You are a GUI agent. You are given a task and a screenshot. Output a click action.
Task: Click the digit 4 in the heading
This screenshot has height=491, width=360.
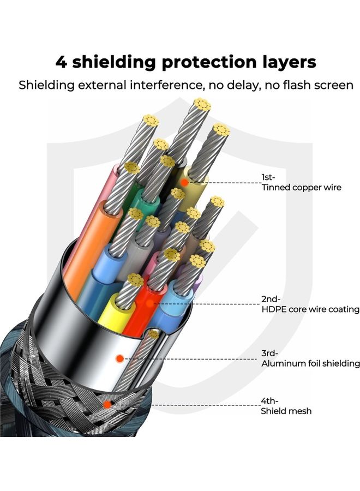(61, 62)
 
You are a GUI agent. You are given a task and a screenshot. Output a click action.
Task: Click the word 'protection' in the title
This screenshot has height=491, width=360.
(208, 62)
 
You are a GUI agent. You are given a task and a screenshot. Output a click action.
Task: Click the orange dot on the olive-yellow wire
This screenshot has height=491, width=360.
(185, 182)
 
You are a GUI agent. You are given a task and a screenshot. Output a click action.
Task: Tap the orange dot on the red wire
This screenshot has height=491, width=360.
(149, 303)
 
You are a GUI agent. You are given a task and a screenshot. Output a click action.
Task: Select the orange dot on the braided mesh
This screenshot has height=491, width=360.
(107, 404)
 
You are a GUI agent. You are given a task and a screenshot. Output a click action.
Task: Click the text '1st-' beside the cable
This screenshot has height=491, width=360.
(268, 177)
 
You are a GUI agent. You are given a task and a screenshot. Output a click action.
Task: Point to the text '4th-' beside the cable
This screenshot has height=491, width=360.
(269, 400)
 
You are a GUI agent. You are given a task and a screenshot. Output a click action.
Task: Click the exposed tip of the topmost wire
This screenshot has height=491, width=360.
(202, 105)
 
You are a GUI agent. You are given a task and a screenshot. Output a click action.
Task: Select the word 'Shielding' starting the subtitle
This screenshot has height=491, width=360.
(46, 85)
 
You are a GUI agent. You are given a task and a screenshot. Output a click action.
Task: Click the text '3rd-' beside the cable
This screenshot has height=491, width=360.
(269, 353)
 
